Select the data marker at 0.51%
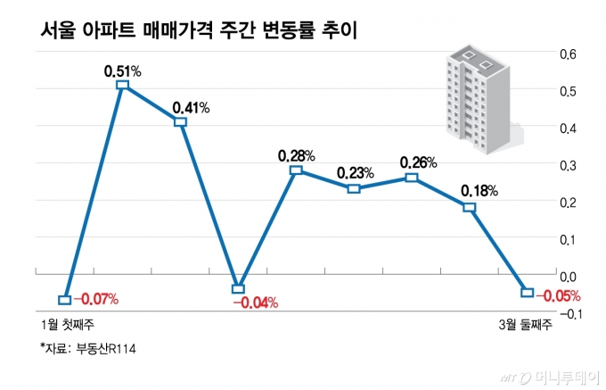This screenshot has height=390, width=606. point(122,85)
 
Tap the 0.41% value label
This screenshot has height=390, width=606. point(191,108)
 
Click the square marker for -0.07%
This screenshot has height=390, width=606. point(64,299)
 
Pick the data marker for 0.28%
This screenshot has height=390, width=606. point(296,170)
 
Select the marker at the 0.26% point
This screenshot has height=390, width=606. point(411,178)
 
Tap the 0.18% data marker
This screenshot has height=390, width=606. point(470,207)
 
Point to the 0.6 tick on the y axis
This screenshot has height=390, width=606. point(568,54)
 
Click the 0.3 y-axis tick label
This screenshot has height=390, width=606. point(568,165)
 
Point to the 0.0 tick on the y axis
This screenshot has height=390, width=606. point(568,277)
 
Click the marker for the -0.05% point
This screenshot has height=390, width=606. point(527,293)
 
